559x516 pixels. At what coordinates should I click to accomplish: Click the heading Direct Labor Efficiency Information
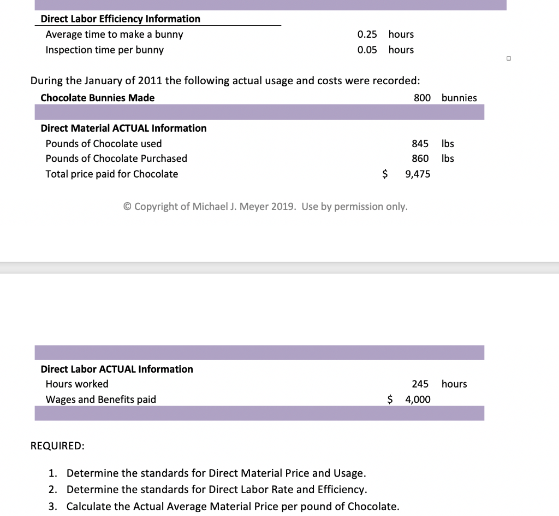[x=120, y=19]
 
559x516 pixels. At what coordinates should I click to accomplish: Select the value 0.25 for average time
[x=367, y=34]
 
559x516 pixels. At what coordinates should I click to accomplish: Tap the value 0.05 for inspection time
[x=367, y=50]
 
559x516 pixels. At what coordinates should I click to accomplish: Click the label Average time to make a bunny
[x=114, y=34]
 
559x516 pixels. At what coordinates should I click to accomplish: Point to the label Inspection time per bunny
[x=104, y=50]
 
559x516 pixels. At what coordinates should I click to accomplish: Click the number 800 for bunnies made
[x=422, y=98]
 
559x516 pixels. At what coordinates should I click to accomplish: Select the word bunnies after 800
[x=459, y=98]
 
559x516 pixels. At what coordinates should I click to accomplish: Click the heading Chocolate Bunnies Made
[x=97, y=98]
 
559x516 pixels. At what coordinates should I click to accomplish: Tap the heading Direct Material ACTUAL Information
[x=123, y=128]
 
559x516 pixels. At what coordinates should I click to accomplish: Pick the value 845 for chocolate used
[x=420, y=144]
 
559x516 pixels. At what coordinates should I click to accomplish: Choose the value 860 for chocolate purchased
[x=420, y=159]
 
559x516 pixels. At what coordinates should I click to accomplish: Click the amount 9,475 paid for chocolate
[x=418, y=174]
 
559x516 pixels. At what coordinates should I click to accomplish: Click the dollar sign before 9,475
[x=385, y=174]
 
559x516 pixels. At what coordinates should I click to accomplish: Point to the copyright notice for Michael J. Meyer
[x=265, y=207]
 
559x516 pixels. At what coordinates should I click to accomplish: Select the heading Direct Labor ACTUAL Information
[x=117, y=369]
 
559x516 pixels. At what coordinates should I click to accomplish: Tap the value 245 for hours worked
[x=420, y=384]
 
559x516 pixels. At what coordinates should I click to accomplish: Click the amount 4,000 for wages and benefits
[x=418, y=400]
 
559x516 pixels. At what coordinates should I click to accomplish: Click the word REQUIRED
[x=57, y=445]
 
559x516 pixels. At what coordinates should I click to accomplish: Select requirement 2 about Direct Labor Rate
[x=216, y=489]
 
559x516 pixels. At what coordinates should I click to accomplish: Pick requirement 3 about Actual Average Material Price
[x=233, y=506]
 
